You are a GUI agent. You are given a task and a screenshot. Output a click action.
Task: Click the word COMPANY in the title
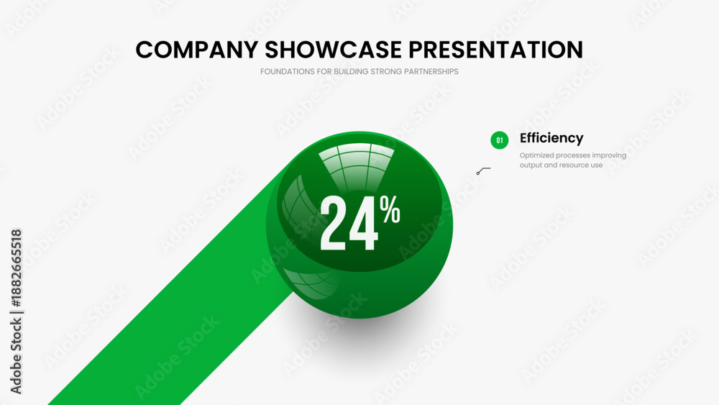pyautogui.click(x=197, y=50)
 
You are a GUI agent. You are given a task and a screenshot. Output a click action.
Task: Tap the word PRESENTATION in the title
pyautogui.click(x=495, y=50)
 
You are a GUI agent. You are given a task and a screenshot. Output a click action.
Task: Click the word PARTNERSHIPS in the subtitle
pyautogui.click(x=431, y=71)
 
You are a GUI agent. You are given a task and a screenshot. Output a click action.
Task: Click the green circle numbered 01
pyautogui.click(x=500, y=140)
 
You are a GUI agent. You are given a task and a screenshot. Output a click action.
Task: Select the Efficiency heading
pyautogui.click(x=551, y=138)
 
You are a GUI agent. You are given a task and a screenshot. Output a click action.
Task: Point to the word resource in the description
pyautogui.click(x=575, y=165)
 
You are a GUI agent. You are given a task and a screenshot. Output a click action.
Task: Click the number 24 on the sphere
pyautogui.click(x=349, y=224)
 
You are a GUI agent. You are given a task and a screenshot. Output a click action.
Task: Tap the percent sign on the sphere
pyautogui.click(x=390, y=209)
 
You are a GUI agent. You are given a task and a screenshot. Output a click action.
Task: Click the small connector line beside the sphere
pyautogui.click(x=483, y=171)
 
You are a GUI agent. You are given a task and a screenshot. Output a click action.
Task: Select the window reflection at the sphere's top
pyautogui.click(x=357, y=166)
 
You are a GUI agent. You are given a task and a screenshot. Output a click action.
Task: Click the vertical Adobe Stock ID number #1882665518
pyautogui.click(x=16, y=268)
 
